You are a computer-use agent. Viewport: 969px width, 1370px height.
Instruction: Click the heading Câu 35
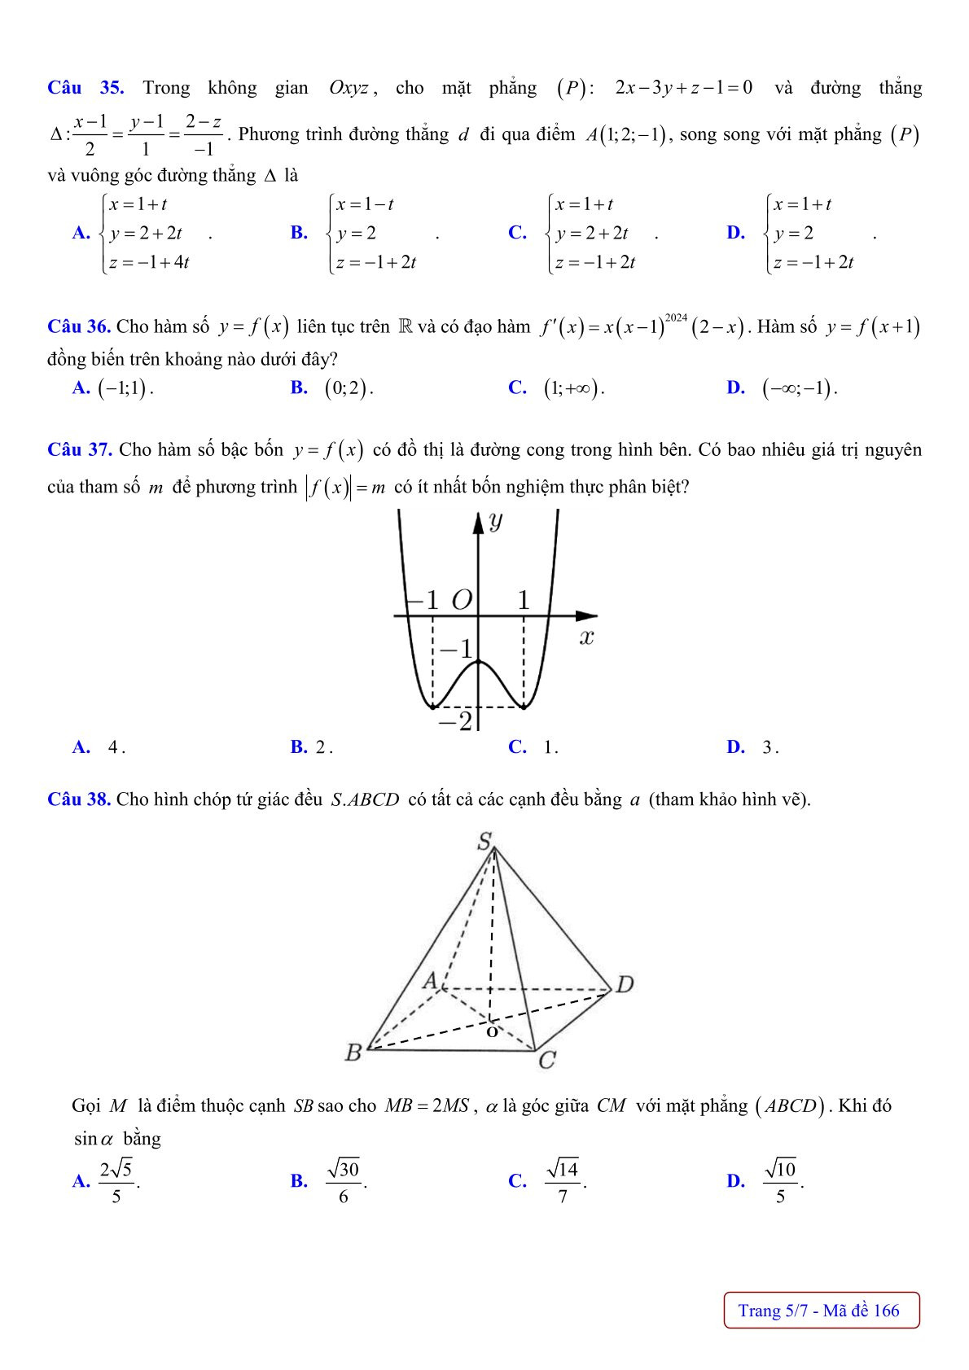[x=85, y=88]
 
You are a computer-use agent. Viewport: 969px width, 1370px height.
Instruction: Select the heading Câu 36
[x=79, y=327]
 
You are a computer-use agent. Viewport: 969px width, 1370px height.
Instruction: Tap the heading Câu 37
[x=79, y=449]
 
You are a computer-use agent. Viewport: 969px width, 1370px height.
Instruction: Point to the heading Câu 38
[x=79, y=799]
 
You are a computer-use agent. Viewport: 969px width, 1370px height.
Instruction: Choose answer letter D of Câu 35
[x=735, y=233]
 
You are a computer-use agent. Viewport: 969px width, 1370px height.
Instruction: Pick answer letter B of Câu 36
[x=298, y=387]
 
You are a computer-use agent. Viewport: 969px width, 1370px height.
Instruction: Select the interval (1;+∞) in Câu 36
[x=574, y=388]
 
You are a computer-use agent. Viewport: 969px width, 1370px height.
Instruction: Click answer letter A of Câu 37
[x=80, y=746]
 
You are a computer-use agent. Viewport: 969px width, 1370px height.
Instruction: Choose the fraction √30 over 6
[x=343, y=1180]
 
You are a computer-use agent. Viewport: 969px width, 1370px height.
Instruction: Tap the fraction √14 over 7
[x=563, y=1180]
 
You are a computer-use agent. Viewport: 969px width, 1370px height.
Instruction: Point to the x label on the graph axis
[x=586, y=637]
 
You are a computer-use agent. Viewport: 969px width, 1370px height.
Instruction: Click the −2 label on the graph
[x=455, y=720]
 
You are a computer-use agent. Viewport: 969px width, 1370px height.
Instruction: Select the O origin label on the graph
[x=461, y=601]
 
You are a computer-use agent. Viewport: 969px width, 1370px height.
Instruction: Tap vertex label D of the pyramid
[x=625, y=985]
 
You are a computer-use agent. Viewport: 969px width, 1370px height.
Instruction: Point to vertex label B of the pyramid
[x=353, y=1053]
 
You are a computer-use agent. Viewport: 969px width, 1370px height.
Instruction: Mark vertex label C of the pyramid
[x=547, y=1060]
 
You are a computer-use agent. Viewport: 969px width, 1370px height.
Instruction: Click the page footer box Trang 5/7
[x=821, y=1310]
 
